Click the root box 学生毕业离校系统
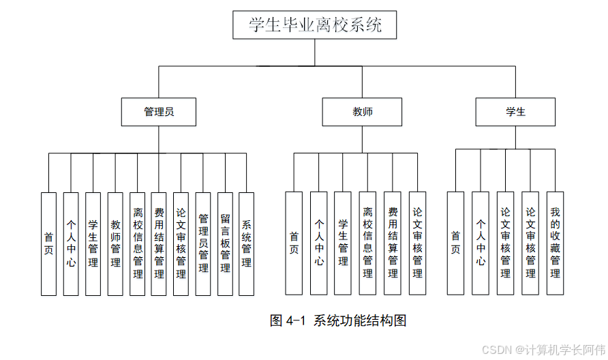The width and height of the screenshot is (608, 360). (x=314, y=25)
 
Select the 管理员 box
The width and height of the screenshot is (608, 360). (x=159, y=112)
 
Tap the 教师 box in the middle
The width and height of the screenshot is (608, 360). (x=363, y=112)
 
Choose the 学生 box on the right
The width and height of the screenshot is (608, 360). (x=515, y=112)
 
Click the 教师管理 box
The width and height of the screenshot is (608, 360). (x=115, y=243)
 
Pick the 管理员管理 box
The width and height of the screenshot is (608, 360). (x=203, y=243)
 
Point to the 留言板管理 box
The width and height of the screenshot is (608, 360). (x=225, y=243)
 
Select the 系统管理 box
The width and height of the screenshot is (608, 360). (x=246, y=243)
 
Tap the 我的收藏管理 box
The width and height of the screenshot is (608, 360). (x=555, y=243)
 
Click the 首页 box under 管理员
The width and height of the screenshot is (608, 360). (x=48, y=243)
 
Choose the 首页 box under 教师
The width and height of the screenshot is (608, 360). (x=294, y=243)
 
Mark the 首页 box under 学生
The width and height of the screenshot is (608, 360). (x=455, y=243)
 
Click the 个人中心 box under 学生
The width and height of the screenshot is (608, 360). (x=481, y=243)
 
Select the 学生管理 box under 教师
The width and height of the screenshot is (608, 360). (x=343, y=243)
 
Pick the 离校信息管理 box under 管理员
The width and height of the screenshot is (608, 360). (x=138, y=243)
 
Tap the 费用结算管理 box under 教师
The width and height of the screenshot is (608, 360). (x=393, y=243)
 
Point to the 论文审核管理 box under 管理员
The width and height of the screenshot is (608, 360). (x=181, y=243)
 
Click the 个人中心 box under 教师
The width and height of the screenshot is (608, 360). (x=318, y=243)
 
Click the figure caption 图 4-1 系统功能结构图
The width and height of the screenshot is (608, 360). (x=338, y=320)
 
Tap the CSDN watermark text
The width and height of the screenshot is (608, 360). (x=543, y=350)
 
